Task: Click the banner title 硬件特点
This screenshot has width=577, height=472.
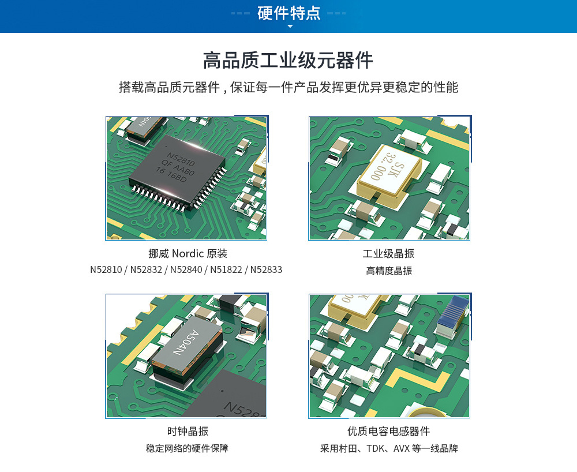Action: [289, 13]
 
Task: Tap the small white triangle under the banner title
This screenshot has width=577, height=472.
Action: [290, 27]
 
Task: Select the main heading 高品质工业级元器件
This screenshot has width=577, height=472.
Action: [288, 61]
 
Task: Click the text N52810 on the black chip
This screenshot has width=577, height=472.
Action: [181, 159]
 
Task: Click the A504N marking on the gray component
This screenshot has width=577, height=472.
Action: [186, 343]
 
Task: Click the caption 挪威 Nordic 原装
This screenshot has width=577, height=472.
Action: [188, 253]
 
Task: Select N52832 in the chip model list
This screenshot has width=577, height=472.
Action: [146, 269]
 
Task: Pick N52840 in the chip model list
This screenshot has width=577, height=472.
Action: [186, 269]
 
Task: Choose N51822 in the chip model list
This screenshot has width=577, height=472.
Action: [226, 269]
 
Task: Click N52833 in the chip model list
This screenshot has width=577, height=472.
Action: [266, 269]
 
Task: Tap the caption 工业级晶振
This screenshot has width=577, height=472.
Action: [388, 253]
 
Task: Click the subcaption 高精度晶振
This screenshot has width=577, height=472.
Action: [389, 271]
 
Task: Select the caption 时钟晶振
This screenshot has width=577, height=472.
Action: [188, 431]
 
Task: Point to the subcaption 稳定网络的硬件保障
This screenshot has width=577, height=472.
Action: [188, 448]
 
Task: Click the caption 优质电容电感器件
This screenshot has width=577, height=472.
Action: [388, 431]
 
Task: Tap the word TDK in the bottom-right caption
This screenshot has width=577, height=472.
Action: [376, 449]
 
